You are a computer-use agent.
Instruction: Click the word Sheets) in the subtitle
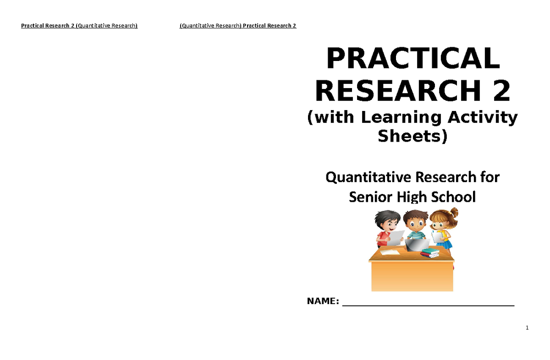point(412,136)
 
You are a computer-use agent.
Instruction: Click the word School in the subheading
point(454,197)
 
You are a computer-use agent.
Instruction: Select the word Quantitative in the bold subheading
point(362,177)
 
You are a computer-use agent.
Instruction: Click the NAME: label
point(323,301)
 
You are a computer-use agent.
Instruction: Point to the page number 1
point(528,328)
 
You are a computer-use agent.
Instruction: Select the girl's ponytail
point(454,213)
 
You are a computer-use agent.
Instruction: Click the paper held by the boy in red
point(396,237)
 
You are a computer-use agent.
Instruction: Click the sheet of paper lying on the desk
point(389,252)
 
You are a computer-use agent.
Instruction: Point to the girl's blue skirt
point(444,244)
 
